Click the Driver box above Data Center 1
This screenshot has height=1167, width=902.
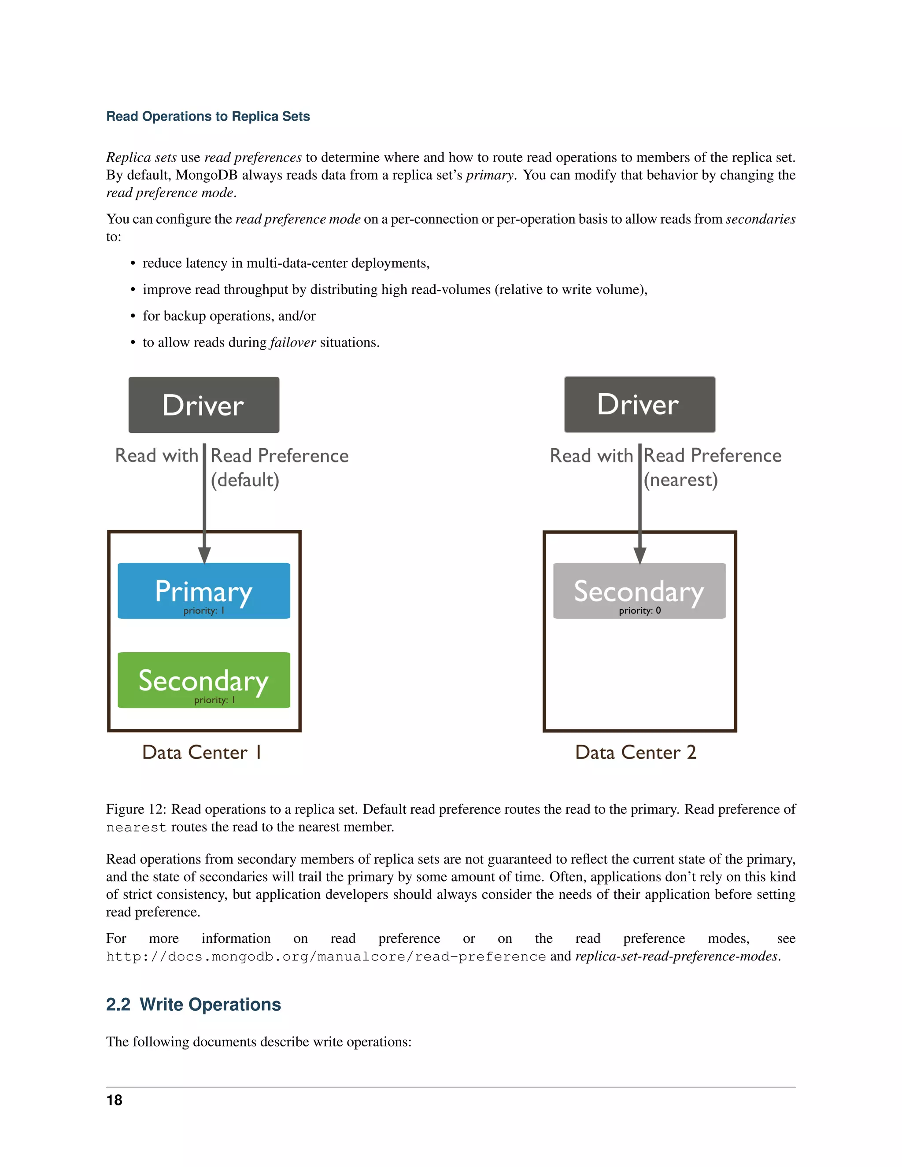(x=203, y=405)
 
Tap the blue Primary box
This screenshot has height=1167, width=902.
(x=203, y=591)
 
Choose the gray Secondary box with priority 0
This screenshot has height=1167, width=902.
(x=639, y=591)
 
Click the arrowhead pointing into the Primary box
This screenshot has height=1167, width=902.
(x=204, y=555)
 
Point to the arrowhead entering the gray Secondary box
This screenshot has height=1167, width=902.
(x=640, y=555)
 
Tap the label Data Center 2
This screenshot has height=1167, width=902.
(x=636, y=752)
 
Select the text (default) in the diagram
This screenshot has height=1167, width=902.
(x=245, y=480)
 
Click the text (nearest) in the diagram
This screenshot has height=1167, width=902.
(x=680, y=480)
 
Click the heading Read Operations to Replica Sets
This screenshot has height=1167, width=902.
(x=208, y=117)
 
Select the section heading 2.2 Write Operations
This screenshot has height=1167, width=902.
(x=193, y=1005)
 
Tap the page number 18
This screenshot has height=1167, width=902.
(x=115, y=1100)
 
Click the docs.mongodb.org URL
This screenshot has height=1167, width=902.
(x=325, y=956)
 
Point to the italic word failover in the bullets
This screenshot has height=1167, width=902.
(x=293, y=343)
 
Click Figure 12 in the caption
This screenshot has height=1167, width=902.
(x=136, y=809)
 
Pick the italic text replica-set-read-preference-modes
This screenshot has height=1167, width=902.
(x=676, y=956)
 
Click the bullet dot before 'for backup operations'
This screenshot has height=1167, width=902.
(x=133, y=316)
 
